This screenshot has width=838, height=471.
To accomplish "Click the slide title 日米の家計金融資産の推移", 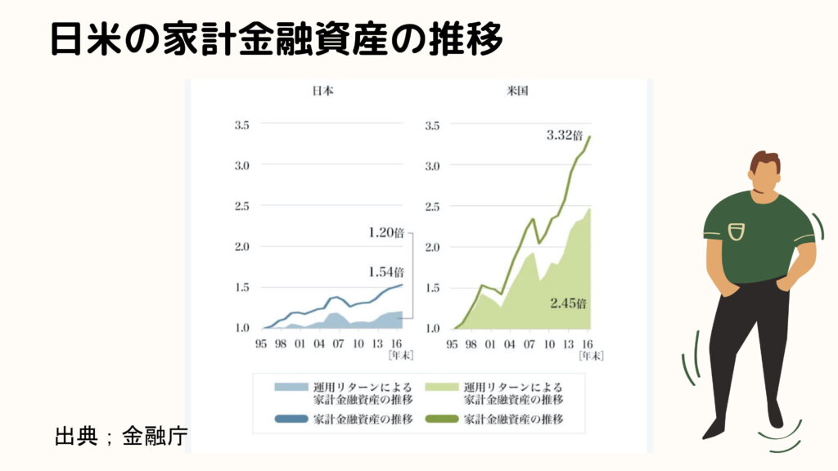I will [x=275, y=38].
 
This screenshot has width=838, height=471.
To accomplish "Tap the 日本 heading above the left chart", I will [x=322, y=91].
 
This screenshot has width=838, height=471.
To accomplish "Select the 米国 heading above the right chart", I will [x=517, y=91].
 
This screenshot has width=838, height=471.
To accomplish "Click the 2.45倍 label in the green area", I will [x=568, y=303].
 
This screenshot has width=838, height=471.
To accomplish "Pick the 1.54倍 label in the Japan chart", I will [x=386, y=271].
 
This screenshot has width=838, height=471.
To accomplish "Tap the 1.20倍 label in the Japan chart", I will [x=386, y=232].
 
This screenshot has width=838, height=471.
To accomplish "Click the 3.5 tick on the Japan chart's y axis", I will [x=242, y=125].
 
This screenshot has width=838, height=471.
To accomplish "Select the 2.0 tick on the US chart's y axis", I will [x=434, y=247].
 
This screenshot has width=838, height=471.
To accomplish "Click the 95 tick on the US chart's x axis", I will [x=452, y=343].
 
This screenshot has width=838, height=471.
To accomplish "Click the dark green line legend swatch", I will [x=442, y=419].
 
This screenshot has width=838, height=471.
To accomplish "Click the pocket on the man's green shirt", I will [x=737, y=231].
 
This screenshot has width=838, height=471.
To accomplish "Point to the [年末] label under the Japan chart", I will [x=399, y=355].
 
